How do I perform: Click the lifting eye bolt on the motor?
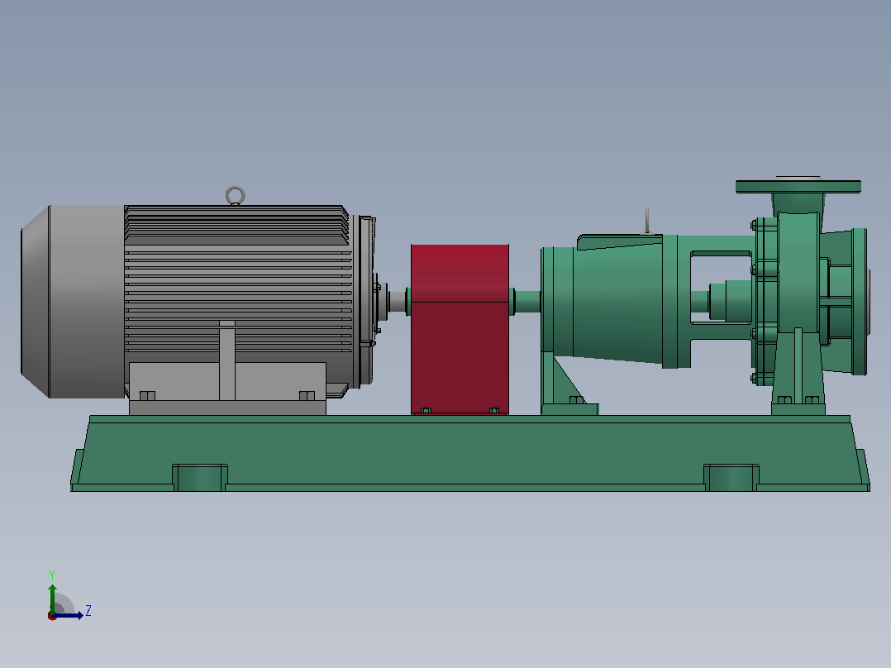236,188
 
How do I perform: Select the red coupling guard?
460,329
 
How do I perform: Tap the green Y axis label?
52,575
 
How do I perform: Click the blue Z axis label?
88,611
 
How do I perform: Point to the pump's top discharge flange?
798,186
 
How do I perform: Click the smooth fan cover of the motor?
73,301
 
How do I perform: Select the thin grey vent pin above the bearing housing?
646,221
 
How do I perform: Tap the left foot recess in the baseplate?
200,478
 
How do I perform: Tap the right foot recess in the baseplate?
731,478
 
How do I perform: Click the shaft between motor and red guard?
398,301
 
